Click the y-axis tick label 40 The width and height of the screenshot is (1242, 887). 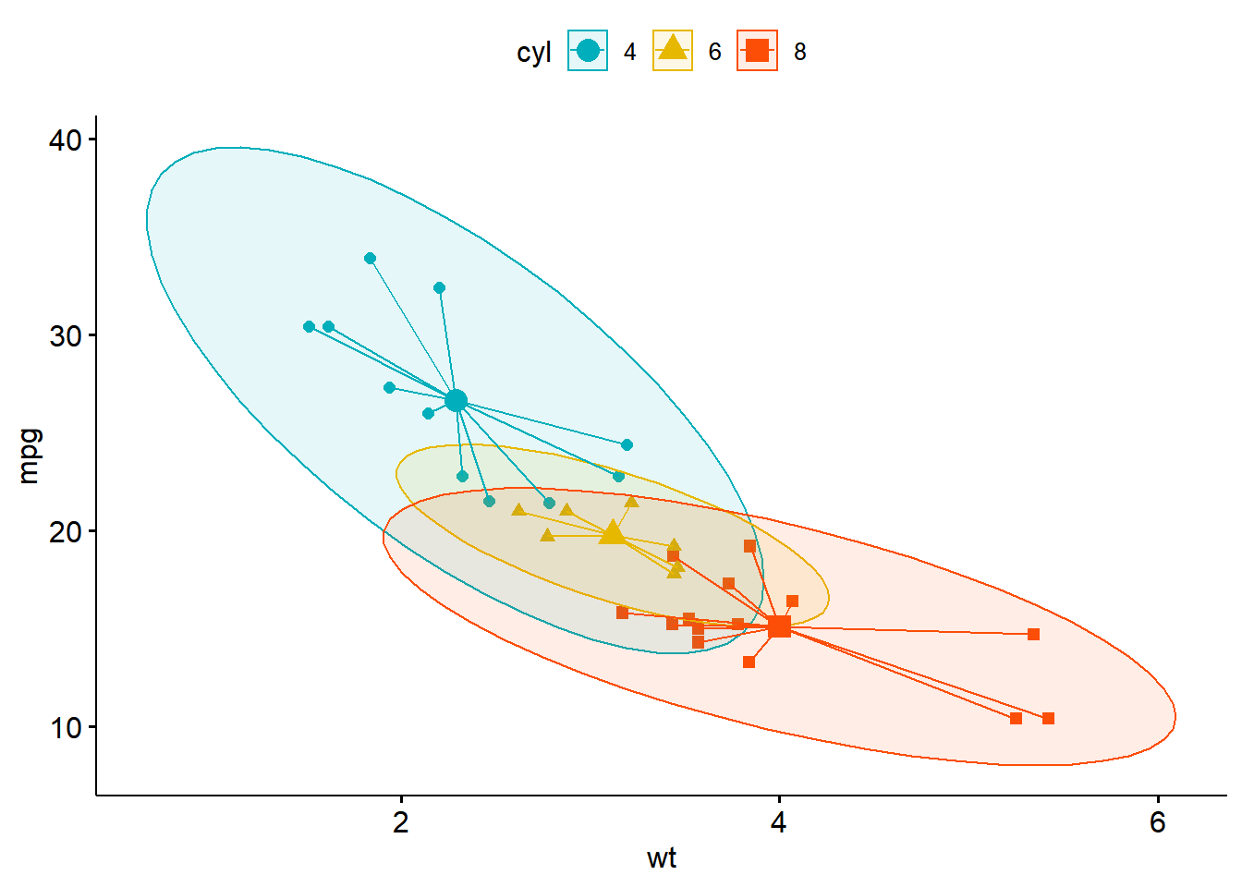point(66,140)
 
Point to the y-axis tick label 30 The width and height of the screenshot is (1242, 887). point(66,336)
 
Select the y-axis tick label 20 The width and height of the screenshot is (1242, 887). point(66,532)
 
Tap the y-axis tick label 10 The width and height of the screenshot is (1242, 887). point(66,728)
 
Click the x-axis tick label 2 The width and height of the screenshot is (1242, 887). point(401,822)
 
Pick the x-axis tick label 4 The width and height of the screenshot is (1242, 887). point(779,822)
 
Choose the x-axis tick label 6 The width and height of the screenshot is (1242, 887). point(1158,822)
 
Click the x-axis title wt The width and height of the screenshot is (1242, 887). point(662,858)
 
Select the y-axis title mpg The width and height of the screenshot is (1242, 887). point(30,456)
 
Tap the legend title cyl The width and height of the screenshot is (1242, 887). point(534,53)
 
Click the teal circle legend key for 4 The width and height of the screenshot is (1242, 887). point(588,51)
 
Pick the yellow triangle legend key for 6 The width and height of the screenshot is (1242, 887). point(673,51)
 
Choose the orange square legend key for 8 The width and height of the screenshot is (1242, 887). point(758,51)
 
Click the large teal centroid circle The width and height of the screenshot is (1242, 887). point(456,401)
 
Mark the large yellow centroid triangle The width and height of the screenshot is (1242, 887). point(612,533)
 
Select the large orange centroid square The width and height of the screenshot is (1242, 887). point(780,627)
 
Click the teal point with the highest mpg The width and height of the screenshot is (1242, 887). point(371,259)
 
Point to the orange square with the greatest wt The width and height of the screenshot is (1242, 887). point(1048,719)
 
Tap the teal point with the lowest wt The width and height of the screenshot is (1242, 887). point(309,327)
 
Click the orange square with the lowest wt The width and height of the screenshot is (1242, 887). point(622,613)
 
